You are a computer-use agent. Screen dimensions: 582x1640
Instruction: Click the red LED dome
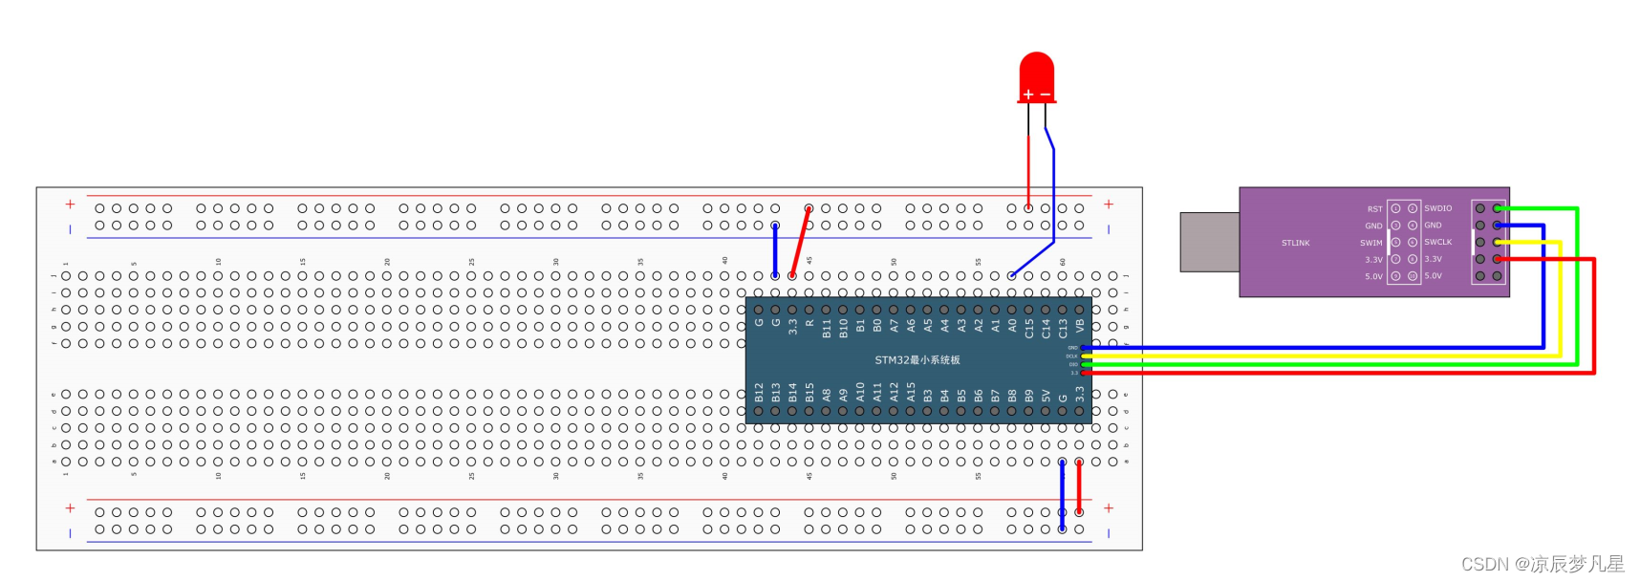click(x=1037, y=72)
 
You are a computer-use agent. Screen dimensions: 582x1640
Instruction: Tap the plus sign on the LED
click(x=1028, y=95)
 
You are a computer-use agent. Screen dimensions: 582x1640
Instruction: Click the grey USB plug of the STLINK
click(x=1209, y=242)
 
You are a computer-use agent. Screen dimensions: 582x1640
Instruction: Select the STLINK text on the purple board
click(x=1295, y=243)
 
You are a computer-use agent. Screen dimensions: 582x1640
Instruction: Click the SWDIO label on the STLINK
click(x=1437, y=208)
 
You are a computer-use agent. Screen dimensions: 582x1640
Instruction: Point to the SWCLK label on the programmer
click(x=1437, y=242)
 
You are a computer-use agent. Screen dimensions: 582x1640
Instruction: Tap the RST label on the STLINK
click(x=1374, y=208)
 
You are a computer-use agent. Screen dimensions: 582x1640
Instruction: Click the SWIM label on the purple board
click(x=1371, y=243)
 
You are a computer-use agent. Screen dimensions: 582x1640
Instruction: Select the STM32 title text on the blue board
click(x=917, y=360)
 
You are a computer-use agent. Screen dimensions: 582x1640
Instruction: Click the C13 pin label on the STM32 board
click(x=1063, y=328)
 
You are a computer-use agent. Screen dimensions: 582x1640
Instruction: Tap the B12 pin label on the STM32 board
click(x=760, y=392)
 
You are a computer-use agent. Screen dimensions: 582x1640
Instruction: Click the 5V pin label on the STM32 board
click(x=1047, y=395)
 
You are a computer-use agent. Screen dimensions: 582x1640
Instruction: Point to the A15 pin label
click(x=911, y=392)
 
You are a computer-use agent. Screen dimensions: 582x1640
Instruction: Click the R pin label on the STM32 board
click(x=809, y=324)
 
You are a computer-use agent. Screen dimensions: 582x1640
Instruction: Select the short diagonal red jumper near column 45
click(x=801, y=242)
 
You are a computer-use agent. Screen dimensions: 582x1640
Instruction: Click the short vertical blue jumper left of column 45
click(x=775, y=250)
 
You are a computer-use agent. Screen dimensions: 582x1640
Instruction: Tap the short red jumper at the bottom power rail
click(x=1079, y=486)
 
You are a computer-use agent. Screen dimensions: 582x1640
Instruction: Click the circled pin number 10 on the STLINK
click(x=1412, y=276)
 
